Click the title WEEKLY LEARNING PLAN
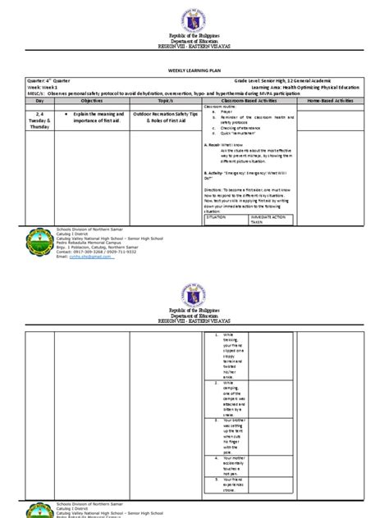tap(194, 72)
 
